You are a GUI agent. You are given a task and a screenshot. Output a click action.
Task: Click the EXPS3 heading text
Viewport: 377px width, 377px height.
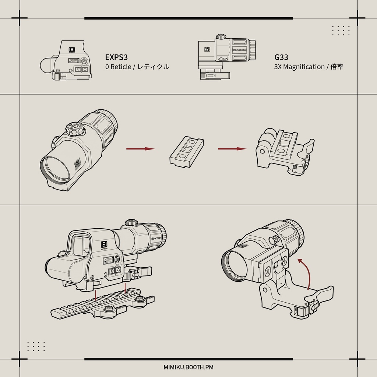(116, 57)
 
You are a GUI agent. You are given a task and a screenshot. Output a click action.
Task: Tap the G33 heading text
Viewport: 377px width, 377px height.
(281, 57)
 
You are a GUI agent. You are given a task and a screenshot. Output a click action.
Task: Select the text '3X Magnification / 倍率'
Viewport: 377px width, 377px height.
(309, 67)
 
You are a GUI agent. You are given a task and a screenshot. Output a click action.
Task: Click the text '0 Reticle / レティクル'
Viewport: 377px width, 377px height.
(137, 67)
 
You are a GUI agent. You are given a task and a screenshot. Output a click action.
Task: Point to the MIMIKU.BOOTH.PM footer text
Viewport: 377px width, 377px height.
(188, 367)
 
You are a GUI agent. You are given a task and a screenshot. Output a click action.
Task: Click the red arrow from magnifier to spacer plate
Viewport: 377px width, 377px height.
(140, 149)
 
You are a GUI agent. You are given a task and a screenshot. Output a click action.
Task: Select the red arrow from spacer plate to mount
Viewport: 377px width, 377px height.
(232, 149)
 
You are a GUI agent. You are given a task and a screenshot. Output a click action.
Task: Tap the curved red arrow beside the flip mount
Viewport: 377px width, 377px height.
(305, 272)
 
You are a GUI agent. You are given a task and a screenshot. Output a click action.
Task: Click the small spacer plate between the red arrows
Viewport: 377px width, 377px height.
(186, 151)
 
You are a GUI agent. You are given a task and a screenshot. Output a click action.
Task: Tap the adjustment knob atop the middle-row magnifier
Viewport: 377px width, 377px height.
(75, 129)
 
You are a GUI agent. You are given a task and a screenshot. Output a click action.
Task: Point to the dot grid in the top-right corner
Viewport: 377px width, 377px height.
(341, 31)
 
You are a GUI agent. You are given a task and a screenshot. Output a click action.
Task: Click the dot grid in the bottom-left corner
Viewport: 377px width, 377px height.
(36, 346)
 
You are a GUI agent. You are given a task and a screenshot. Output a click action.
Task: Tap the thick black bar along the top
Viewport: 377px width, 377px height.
(188, 18)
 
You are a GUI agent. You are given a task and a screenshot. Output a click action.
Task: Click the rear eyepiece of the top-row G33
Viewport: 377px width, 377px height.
(253, 50)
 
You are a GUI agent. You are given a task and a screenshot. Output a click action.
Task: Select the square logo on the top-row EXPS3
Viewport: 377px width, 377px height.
(72, 49)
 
